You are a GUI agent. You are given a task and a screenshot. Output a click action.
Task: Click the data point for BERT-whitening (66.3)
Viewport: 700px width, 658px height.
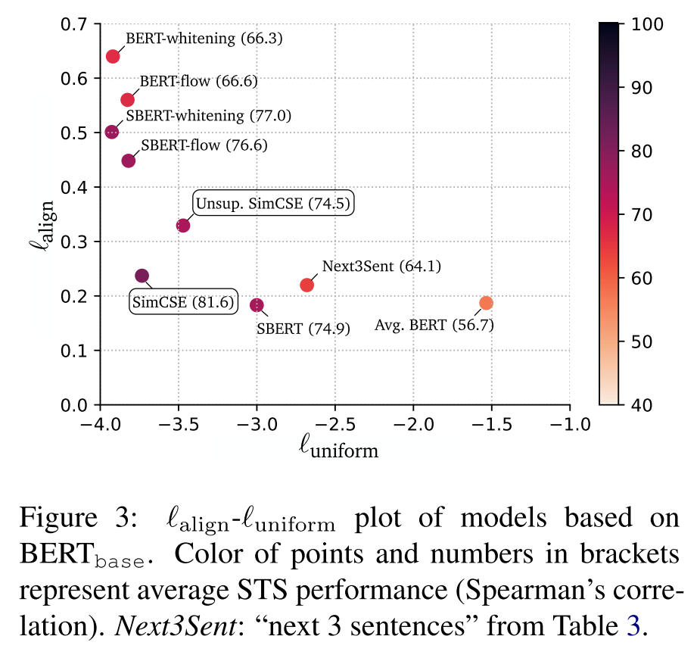[113, 56]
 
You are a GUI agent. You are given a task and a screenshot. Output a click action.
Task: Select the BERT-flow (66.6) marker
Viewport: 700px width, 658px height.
[127, 100]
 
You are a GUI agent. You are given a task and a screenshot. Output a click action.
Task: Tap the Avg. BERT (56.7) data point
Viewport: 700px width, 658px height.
[486, 303]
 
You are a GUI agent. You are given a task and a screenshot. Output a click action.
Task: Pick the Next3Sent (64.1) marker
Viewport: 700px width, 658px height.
[306, 285]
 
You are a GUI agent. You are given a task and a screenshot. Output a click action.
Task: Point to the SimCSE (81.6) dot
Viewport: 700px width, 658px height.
[142, 276]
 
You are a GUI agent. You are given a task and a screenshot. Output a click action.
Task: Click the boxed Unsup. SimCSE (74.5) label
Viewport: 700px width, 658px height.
[274, 204]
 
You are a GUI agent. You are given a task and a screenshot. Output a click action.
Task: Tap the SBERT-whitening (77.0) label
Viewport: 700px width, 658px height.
[208, 116]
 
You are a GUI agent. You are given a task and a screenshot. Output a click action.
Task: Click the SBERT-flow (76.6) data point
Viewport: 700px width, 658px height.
[129, 161]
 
